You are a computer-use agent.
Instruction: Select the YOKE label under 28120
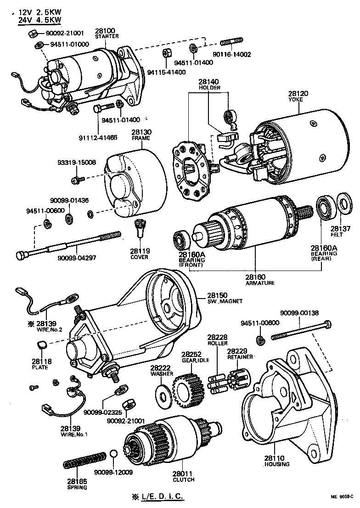[295, 100]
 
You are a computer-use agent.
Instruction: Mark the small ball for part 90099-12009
[114, 455]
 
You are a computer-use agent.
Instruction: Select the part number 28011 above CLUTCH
[183, 473]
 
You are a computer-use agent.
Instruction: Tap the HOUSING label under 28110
[277, 464]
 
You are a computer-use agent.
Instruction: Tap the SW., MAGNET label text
[225, 301]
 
